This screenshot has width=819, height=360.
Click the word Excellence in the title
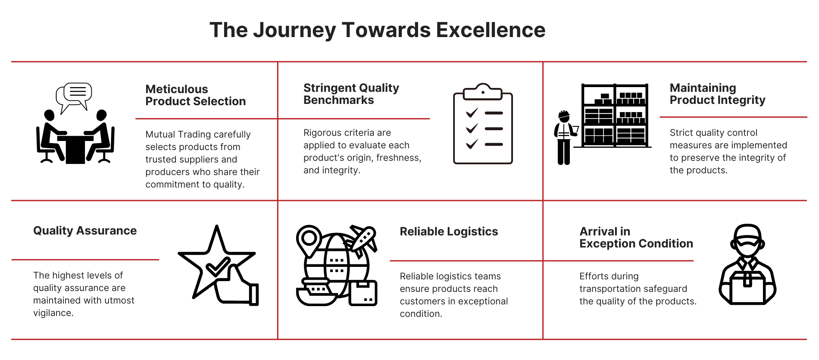(x=491, y=30)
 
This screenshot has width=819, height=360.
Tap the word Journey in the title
(x=294, y=30)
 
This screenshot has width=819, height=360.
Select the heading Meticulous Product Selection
(x=195, y=95)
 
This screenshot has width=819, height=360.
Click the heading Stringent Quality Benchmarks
(x=351, y=94)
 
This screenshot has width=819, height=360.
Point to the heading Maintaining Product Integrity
(x=717, y=94)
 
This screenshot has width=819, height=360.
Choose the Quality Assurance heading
(x=85, y=231)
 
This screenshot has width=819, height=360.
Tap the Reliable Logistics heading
(x=449, y=232)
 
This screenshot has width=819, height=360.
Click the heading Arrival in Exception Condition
(x=636, y=238)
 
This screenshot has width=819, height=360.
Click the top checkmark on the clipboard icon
(x=472, y=113)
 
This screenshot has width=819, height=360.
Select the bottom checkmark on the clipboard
(x=472, y=144)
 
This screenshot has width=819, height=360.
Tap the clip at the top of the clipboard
(x=483, y=91)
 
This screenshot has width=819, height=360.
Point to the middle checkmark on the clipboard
(x=472, y=128)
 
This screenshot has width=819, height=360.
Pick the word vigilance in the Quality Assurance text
(x=53, y=313)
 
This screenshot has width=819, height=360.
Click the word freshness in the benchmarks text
(x=398, y=158)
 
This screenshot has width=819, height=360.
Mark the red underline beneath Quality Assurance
(x=85, y=260)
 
